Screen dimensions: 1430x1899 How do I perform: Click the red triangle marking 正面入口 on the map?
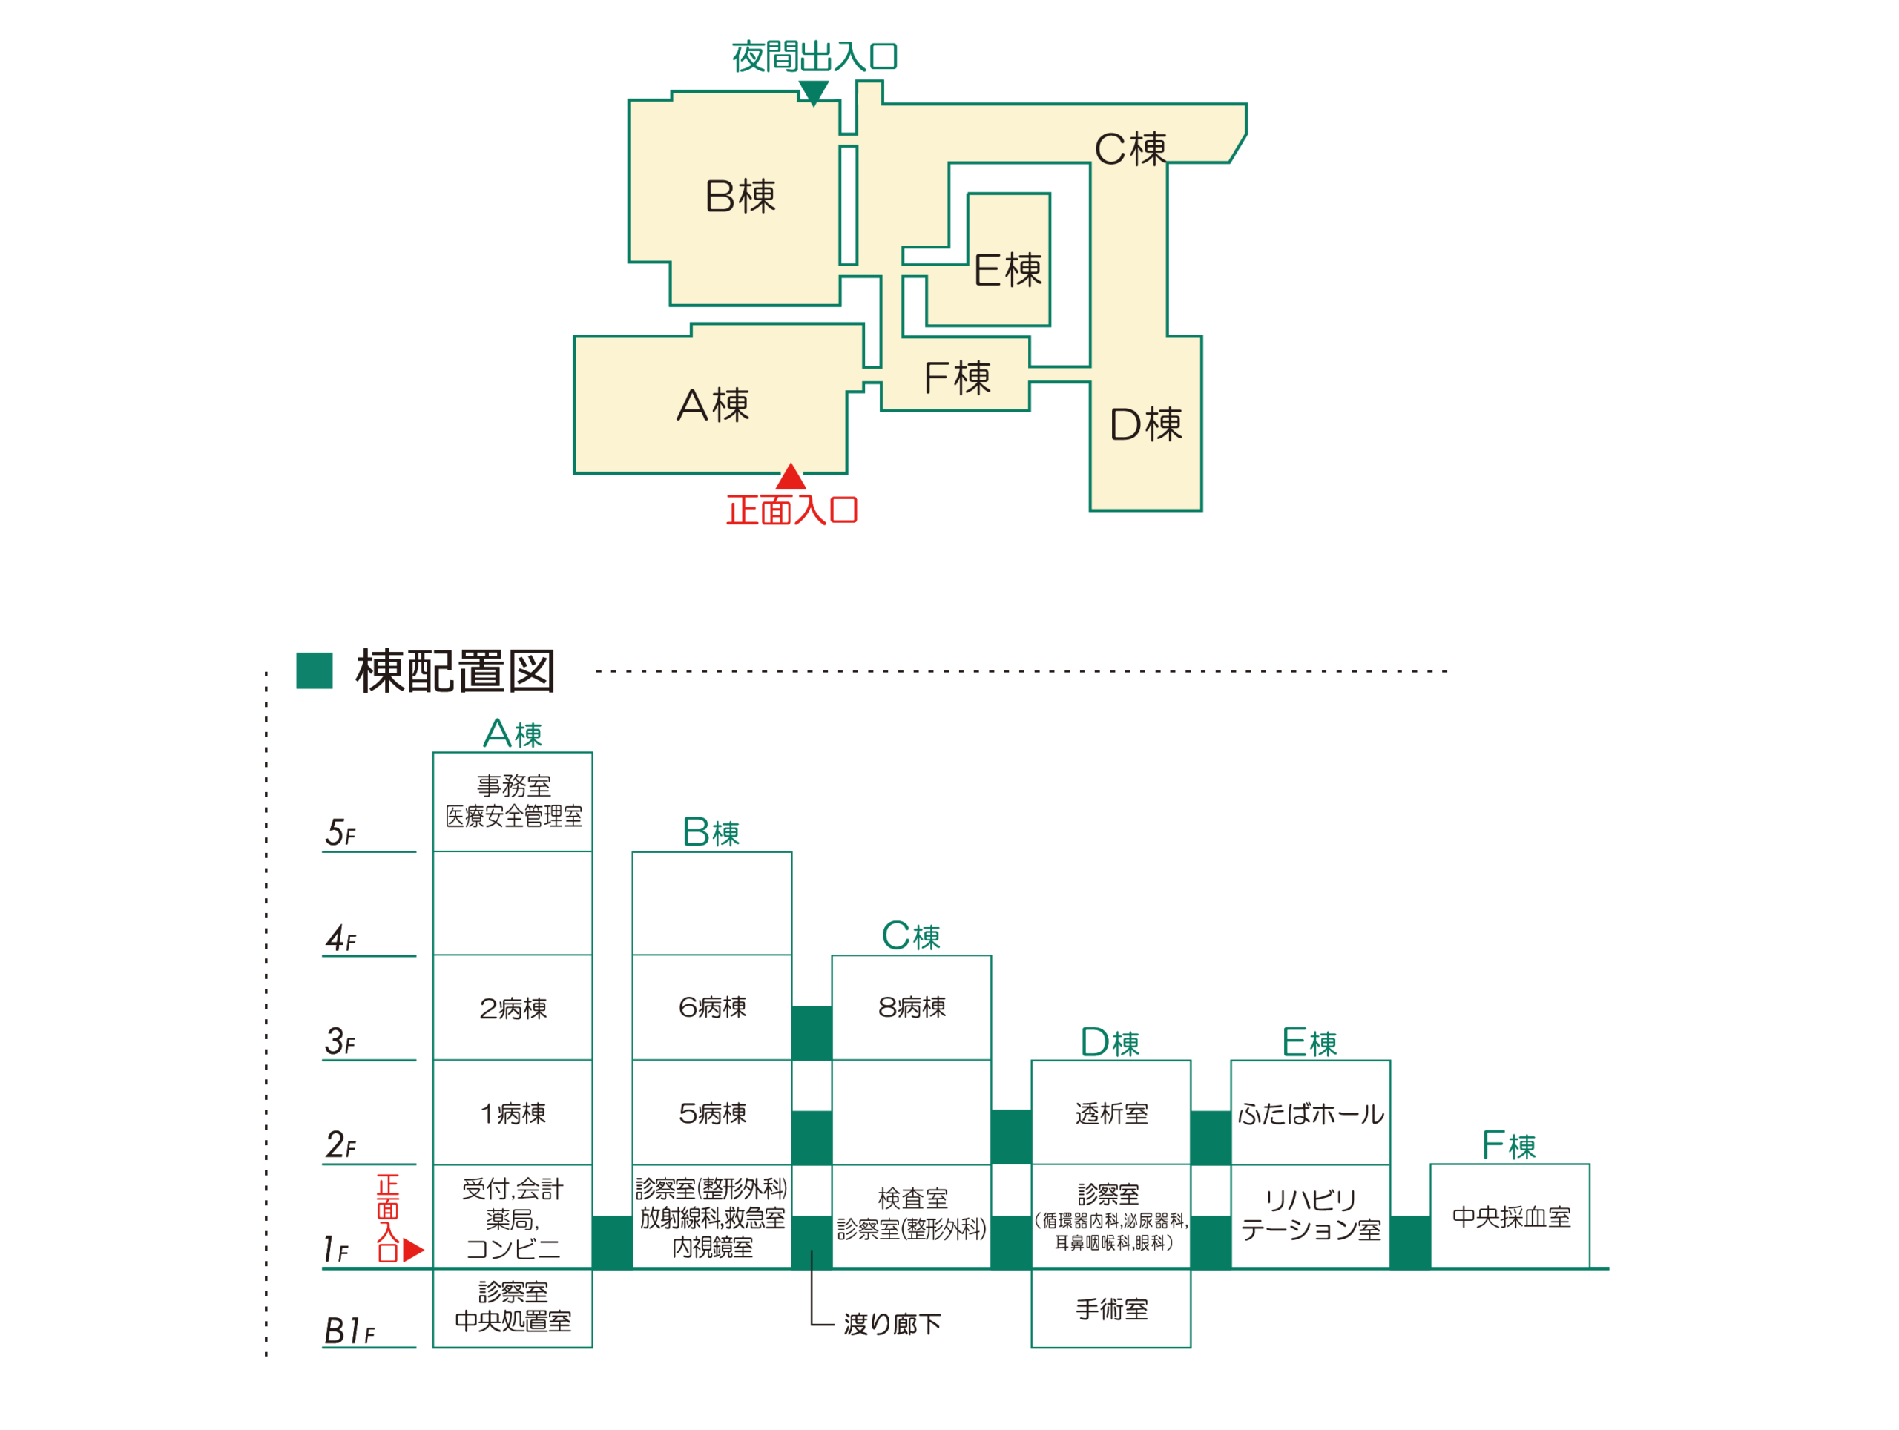(x=791, y=477)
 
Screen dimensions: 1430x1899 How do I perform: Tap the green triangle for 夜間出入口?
(x=813, y=92)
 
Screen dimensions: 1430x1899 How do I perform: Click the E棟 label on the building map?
(x=1007, y=271)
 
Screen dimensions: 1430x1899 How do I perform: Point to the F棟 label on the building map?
(x=956, y=378)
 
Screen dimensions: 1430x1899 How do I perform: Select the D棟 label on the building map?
(x=1145, y=424)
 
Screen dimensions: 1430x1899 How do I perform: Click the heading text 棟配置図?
(x=455, y=671)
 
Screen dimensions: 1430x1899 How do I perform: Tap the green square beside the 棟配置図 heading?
(x=315, y=670)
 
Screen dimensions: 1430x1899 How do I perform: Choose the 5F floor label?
(x=340, y=833)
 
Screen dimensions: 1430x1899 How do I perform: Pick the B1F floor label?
(x=349, y=1331)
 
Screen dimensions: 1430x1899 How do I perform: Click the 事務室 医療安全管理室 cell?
(x=513, y=801)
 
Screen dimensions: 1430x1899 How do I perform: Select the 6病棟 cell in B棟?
(x=711, y=1008)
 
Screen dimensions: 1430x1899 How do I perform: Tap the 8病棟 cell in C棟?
(x=911, y=1008)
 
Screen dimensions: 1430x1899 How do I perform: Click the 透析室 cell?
(x=1111, y=1113)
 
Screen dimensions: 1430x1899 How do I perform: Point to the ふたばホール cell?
(x=1310, y=1113)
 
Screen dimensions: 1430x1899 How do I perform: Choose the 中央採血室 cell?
(x=1510, y=1216)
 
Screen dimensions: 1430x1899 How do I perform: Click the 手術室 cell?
(x=1111, y=1309)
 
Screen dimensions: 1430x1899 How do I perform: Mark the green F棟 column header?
(x=1508, y=1145)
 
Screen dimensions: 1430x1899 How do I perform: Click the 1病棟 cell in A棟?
(x=513, y=1113)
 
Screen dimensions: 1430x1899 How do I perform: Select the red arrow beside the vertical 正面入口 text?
(x=413, y=1250)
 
